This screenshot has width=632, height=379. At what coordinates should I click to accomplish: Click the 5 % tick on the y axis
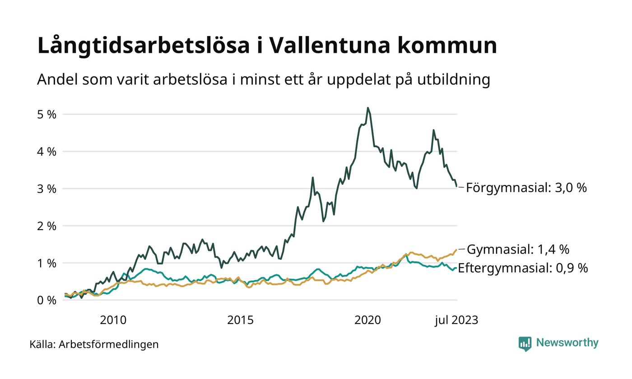point(46,115)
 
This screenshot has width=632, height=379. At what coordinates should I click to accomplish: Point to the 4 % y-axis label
point(46,152)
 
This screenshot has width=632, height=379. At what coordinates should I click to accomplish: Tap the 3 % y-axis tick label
point(46,189)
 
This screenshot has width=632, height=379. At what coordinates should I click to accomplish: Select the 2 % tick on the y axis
point(46,226)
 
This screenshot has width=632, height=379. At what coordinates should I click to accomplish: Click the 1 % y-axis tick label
point(46,263)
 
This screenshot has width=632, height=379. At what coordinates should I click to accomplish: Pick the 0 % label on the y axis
point(46,300)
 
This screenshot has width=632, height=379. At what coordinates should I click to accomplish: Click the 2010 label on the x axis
point(113,320)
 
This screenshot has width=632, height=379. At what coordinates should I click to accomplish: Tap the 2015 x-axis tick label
point(240,320)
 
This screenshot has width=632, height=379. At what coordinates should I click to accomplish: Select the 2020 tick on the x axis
point(367,320)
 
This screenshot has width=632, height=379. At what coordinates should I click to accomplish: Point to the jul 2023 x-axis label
point(456,320)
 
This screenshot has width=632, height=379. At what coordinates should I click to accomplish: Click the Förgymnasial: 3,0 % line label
point(526,188)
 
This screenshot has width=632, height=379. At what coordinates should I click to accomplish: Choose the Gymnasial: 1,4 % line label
point(518,249)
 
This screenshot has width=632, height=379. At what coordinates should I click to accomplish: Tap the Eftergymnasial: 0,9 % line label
point(523,268)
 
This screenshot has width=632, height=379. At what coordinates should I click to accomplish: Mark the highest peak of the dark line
point(368,108)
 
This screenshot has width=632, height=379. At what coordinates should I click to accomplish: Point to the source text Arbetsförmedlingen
point(108,344)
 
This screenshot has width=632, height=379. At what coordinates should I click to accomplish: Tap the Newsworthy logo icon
point(525,344)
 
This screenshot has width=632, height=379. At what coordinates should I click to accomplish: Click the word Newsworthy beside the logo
point(567,343)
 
